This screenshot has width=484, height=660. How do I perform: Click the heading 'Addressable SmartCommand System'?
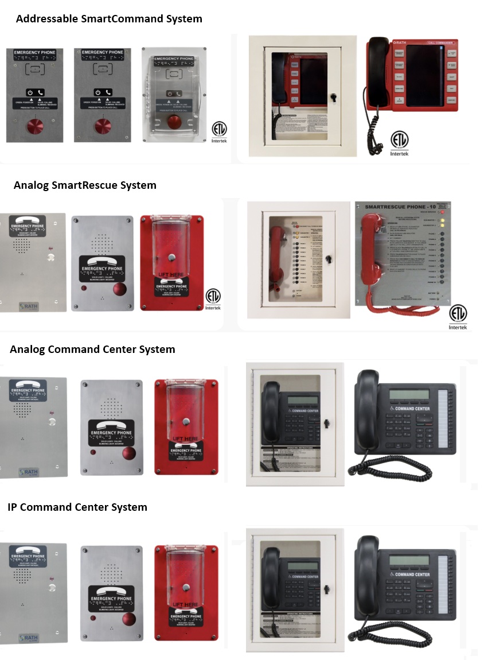pyautogui.click(x=109, y=18)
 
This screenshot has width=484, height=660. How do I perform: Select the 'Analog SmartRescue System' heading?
pyautogui.click(x=85, y=185)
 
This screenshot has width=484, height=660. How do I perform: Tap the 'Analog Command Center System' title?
pyautogui.click(x=92, y=349)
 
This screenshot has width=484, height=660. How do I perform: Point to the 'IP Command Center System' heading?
pyautogui.click(x=77, y=507)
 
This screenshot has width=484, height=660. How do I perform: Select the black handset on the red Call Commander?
pyautogui.click(x=377, y=72)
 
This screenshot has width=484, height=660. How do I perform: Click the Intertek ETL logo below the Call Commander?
pyautogui.click(x=400, y=143)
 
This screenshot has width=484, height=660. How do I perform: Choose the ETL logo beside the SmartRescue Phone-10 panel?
pyautogui.click(x=458, y=316)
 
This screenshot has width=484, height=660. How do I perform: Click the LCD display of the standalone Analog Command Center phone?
pyautogui.click(x=409, y=395)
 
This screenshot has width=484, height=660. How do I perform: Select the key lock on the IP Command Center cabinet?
pyautogui.click(x=326, y=589)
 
